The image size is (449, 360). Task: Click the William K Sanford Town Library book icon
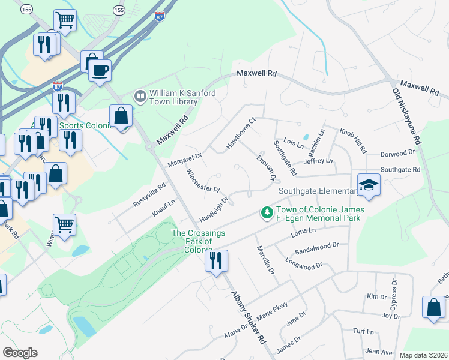140,96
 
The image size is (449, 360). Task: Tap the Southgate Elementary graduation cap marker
369,185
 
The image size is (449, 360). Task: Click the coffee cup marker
100,70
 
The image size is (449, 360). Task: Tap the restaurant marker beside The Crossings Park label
216,260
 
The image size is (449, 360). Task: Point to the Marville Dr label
265,260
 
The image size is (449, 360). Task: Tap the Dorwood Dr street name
398,152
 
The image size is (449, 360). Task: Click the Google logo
20,353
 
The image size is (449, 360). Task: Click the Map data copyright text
423,355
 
